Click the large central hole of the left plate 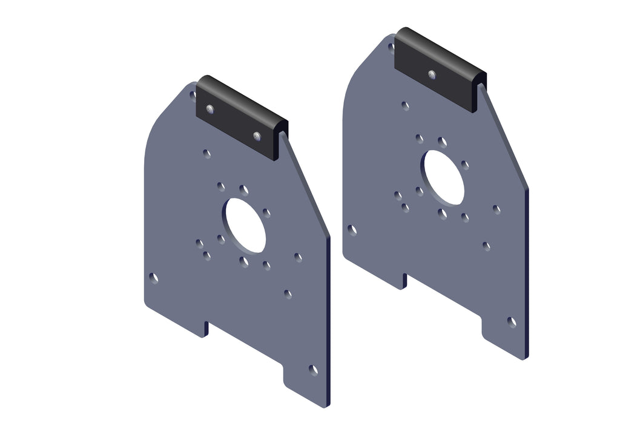tap(245, 225)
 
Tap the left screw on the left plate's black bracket tap(209, 109)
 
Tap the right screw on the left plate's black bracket tap(257, 136)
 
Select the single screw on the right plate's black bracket tap(432, 75)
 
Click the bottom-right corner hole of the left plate tap(313, 370)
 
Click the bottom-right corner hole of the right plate tap(512, 322)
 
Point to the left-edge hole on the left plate tap(154, 278)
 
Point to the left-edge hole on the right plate tap(352, 230)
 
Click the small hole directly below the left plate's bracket tap(207, 154)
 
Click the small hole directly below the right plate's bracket tap(405, 106)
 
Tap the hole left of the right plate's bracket tap(391, 47)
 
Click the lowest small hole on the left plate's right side tap(288, 295)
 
